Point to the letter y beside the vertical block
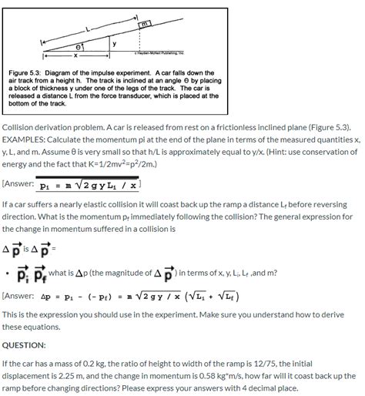click(x=116, y=44)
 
